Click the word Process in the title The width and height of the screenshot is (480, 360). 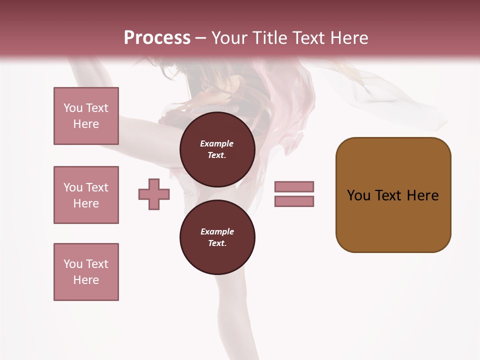[x=157, y=38]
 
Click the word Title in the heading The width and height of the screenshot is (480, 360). [x=270, y=38]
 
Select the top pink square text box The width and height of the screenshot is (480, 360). [x=86, y=116]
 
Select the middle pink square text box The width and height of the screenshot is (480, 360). [x=86, y=195]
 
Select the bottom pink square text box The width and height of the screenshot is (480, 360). [x=86, y=272]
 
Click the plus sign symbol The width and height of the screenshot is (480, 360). [x=154, y=194]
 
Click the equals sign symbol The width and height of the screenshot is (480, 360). [x=294, y=194]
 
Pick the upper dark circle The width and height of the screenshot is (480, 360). [x=217, y=149]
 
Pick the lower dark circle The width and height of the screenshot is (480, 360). [x=217, y=237]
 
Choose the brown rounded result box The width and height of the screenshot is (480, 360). [x=393, y=195]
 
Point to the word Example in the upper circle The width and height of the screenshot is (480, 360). [x=216, y=143]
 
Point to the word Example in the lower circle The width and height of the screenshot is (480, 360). [x=217, y=231]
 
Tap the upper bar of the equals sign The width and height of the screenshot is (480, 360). [x=294, y=186]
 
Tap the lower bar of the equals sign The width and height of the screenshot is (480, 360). [x=294, y=201]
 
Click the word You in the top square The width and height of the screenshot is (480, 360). [x=72, y=108]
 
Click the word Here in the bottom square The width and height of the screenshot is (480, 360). [x=86, y=280]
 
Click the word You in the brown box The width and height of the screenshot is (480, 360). [x=359, y=195]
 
